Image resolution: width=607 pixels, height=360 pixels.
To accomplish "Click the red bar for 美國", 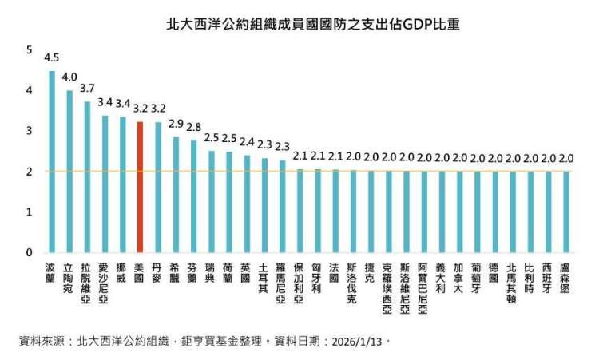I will [140, 188].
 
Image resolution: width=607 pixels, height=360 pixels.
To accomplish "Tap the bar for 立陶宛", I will [69, 172].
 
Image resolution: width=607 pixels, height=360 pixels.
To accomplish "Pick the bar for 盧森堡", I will [565, 212].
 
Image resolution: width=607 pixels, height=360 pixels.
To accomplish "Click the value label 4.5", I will [52, 58].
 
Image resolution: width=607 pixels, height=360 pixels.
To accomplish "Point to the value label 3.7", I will [87, 89].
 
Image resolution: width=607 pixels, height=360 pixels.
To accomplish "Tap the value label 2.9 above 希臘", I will [176, 124].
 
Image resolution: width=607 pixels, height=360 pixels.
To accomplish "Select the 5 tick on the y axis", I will [30, 50].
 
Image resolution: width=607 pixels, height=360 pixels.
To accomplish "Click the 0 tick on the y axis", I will [30, 253].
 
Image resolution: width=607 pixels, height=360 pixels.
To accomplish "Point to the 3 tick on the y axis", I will [30, 131].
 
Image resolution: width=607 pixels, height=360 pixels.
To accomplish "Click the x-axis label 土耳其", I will [264, 277].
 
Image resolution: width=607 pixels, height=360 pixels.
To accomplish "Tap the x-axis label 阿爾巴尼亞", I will [423, 287].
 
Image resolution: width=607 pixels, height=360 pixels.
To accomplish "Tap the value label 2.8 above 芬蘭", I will [193, 127].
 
